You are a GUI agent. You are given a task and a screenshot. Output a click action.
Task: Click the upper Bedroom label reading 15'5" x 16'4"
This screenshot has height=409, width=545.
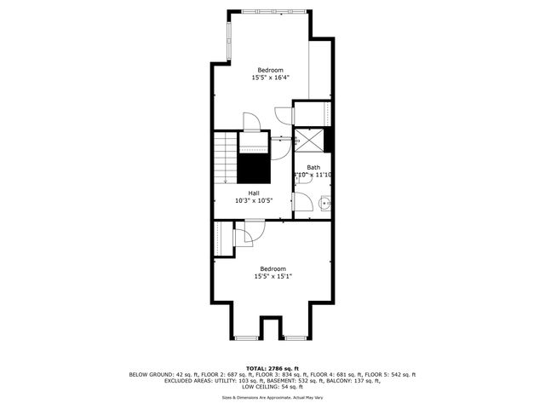coord(272,74)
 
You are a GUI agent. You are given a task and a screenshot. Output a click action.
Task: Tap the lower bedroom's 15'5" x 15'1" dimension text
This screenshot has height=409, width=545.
coord(272,275)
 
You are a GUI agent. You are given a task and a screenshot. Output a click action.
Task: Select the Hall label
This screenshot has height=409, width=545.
coord(254,197)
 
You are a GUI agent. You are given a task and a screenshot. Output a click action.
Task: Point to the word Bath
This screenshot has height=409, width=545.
coord(313,167)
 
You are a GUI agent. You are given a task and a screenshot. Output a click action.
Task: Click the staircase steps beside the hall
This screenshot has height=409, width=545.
coord(224,158)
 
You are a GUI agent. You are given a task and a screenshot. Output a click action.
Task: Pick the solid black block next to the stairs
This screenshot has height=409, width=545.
coord(253,168)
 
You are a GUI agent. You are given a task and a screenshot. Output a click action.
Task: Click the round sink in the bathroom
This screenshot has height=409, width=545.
coord(324,203)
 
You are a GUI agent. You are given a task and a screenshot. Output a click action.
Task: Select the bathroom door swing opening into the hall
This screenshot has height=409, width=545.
coord(302,199)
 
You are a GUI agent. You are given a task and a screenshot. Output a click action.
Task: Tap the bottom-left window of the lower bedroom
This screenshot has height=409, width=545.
coord(246,338)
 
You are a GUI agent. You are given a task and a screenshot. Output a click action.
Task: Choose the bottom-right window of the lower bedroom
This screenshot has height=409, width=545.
coord(295,338)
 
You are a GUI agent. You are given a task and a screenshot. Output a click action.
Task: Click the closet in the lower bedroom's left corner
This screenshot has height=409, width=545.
coord(223,237)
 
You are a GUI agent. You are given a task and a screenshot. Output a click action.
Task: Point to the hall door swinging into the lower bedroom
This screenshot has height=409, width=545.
coord(252,231)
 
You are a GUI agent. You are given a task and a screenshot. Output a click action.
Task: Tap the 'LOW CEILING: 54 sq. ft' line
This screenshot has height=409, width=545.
coord(272,387)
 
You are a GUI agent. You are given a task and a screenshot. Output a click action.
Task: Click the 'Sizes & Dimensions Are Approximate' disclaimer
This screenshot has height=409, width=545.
coord(272,398)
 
